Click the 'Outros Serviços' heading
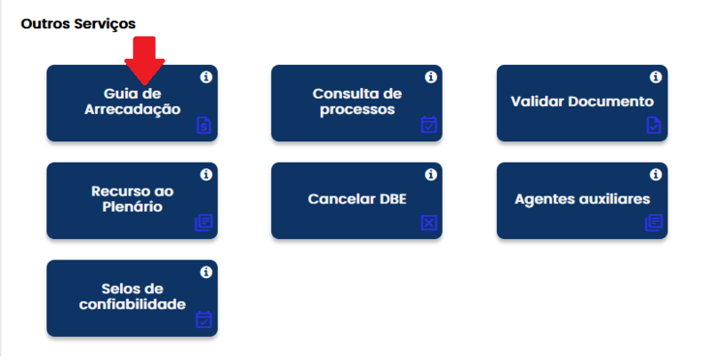pos(78,24)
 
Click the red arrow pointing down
pos(145,60)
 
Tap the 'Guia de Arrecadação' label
pos(132,101)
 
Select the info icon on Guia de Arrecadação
pos(206,77)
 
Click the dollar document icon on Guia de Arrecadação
pos(204,125)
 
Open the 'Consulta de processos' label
pos(357,101)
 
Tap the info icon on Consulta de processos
pos(431,77)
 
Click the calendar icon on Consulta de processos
pos(429,124)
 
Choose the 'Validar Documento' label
pos(582,101)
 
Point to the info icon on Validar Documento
pos(656,77)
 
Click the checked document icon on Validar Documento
pos(654,125)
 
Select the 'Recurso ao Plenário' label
pos(132,199)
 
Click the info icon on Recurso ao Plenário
pos(206,174)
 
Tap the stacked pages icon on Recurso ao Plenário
pos(204,222)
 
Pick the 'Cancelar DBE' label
pos(357,199)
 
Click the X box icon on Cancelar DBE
pos(429,222)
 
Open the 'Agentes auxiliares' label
pos(582,199)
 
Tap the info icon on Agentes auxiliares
pos(656,174)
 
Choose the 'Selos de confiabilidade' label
pos(132,297)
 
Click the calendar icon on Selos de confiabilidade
pos(204,320)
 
